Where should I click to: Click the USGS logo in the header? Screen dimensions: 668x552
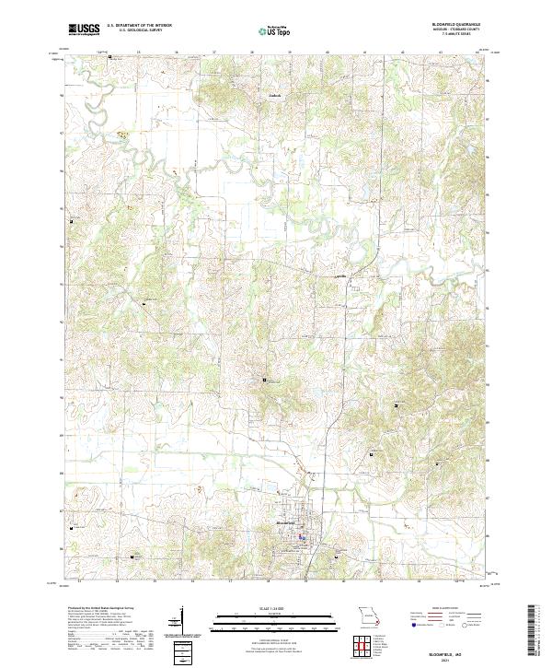[x=84, y=29]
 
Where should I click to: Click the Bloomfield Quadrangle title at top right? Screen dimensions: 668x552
[x=454, y=24]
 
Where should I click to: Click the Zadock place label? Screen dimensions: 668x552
[x=272, y=95]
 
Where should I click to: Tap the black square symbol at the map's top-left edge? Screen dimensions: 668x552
[x=110, y=58]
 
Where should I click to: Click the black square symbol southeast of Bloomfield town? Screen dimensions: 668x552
[x=338, y=556]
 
